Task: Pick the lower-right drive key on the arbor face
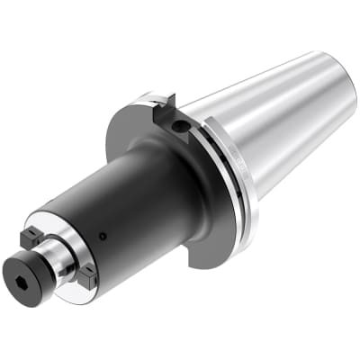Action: tap(86, 277)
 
